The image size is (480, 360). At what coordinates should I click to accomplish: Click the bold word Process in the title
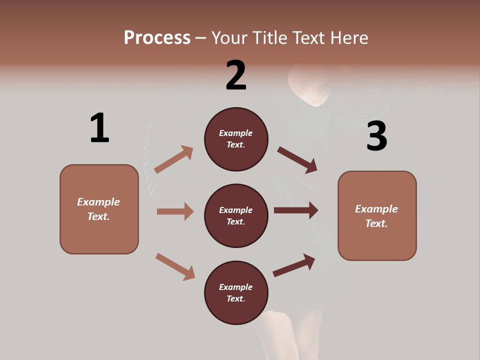[157, 38]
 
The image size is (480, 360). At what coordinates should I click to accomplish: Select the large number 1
[99, 128]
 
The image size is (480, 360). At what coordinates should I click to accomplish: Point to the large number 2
[236, 75]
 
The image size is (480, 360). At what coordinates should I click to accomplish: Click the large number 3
[376, 136]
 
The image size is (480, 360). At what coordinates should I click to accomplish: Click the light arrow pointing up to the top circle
[174, 159]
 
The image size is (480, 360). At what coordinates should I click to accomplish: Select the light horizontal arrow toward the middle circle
[175, 211]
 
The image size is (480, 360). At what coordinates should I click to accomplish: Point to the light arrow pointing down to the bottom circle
[175, 266]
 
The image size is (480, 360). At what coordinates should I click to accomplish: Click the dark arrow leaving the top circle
[297, 159]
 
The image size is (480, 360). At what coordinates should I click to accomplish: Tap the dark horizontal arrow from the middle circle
[296, 210]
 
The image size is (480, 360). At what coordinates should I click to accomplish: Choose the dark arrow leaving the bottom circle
[294, 265]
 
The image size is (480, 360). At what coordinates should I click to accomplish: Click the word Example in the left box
[98, 202]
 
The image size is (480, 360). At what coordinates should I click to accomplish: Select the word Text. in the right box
[376, 223]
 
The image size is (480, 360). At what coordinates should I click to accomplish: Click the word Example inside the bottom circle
[236, 287]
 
